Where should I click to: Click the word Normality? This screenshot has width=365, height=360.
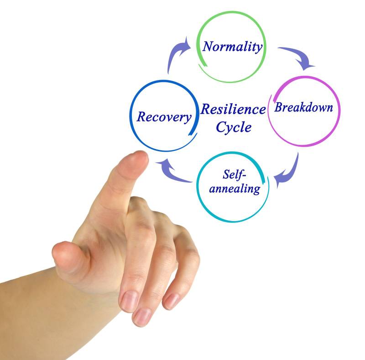tap(233, 46)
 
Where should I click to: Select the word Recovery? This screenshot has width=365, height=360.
tap(164, 116)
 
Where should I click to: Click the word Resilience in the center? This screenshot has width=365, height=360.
tap(233, 110)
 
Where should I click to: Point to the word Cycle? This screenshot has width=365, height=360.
tap(233, 127)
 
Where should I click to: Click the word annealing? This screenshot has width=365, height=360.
tap(235, 188)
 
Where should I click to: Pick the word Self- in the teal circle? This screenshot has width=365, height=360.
tap(235, 175)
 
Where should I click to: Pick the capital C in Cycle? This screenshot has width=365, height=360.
tap(221, 127)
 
